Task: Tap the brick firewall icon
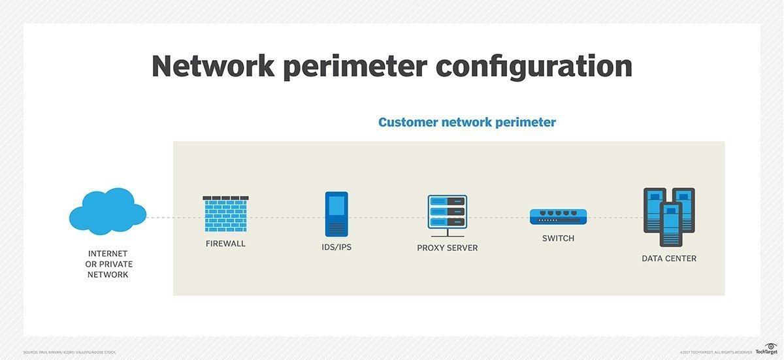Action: coord(225,214)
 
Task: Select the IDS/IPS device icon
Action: coord(336,214)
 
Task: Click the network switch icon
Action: coord(558,217)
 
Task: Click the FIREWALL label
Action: coord(225,244)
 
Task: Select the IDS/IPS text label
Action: coord(336,248)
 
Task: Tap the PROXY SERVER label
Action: coord(448,248)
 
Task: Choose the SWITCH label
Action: coord(558,238)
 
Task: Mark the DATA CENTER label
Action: coord(669,259)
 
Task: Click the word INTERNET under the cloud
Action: coord(108,254)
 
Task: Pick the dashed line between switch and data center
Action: coord(615,218)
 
